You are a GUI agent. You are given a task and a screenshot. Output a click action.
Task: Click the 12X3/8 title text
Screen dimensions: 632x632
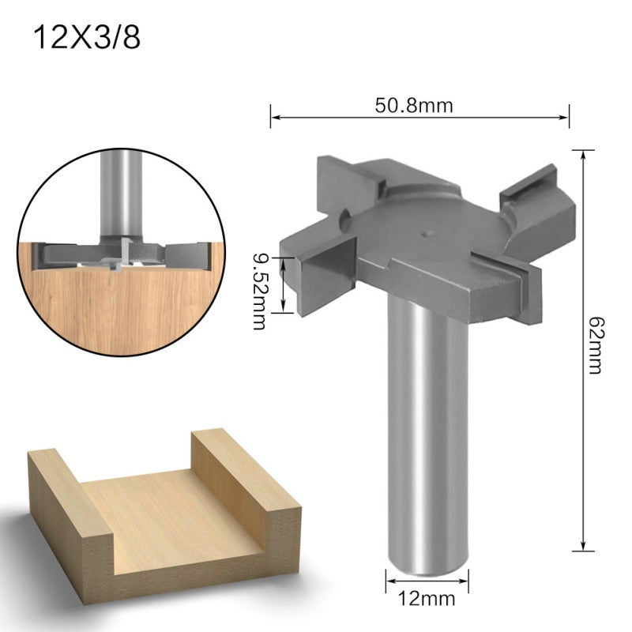click(x=86, y=38)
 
